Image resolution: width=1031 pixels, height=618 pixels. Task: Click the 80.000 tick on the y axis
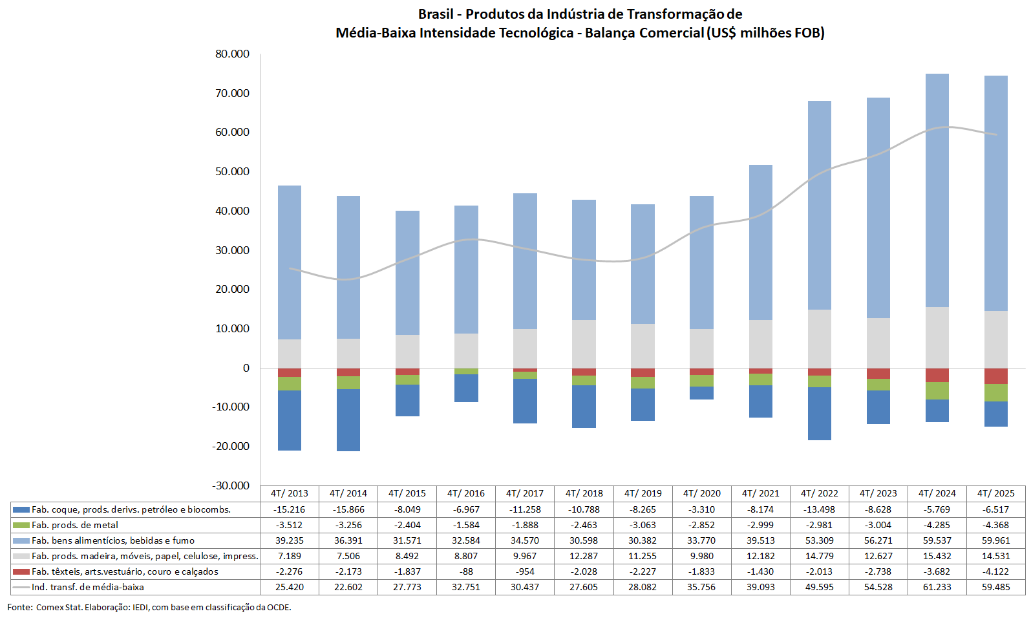[232, 54]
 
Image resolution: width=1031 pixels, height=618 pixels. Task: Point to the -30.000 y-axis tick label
[231, 485]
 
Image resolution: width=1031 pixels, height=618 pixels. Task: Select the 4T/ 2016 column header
[465, 493]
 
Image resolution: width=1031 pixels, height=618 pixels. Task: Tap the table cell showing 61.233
[937, 587]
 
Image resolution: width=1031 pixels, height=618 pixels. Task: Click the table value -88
[466, 571]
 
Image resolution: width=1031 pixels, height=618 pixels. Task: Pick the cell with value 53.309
[819, 540]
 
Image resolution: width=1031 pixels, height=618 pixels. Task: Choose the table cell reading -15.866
[348, 509]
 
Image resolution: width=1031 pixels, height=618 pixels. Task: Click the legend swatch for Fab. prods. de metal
[21, 525]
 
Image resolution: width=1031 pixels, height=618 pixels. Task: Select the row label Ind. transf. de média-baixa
[87, 587]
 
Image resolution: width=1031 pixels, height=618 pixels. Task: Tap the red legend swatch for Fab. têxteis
[21, 571]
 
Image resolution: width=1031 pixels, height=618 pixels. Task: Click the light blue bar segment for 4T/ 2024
[937, 190]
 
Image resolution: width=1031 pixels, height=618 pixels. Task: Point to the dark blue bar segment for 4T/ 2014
[348, 420]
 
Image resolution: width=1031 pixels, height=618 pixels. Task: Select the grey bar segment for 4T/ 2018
[584, 344]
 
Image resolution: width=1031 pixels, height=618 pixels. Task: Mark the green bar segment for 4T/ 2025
[995, 392]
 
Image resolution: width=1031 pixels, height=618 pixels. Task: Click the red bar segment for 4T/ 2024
[937, 375]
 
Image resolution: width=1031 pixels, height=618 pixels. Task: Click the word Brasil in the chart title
[436, 14]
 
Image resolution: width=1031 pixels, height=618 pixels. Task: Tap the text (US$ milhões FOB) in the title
[765, 32]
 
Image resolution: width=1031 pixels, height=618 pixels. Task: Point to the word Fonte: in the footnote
[20, 607]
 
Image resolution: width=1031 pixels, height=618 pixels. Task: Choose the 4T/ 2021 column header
[760, 493]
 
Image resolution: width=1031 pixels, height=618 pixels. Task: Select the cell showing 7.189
[290, 556]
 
